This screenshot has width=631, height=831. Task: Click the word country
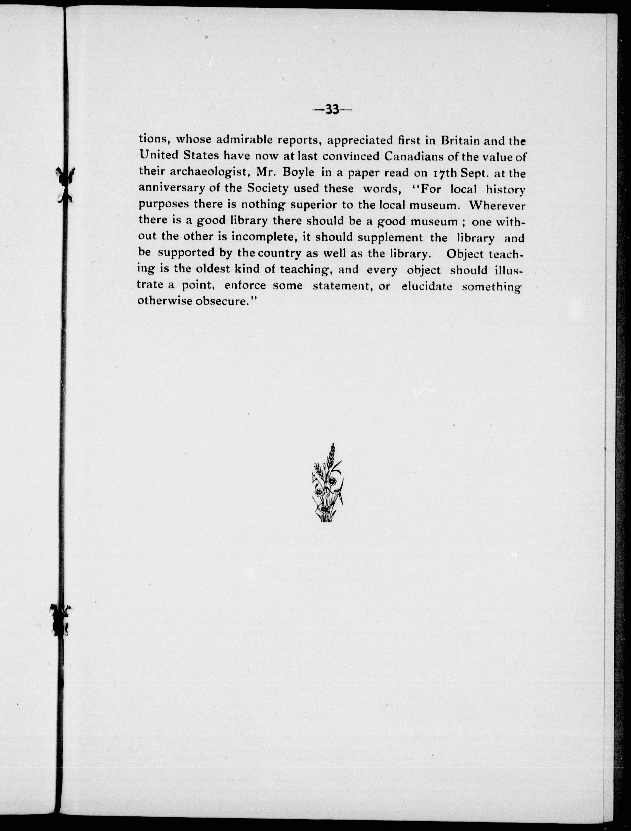[x=279, y=254]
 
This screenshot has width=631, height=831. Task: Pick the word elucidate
[x=427, y=286]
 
